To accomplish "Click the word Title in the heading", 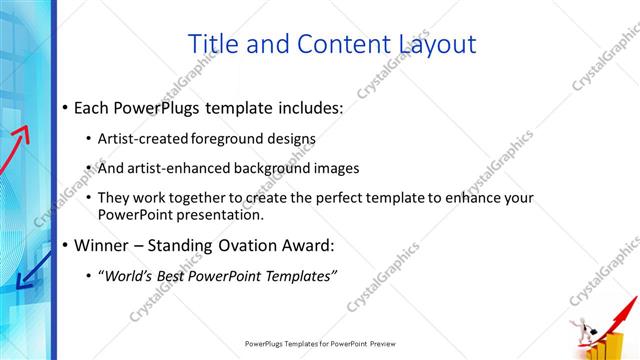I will coord(213,44).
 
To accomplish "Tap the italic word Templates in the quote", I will coord(299,275).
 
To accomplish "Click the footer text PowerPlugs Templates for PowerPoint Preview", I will coord(320,343).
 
